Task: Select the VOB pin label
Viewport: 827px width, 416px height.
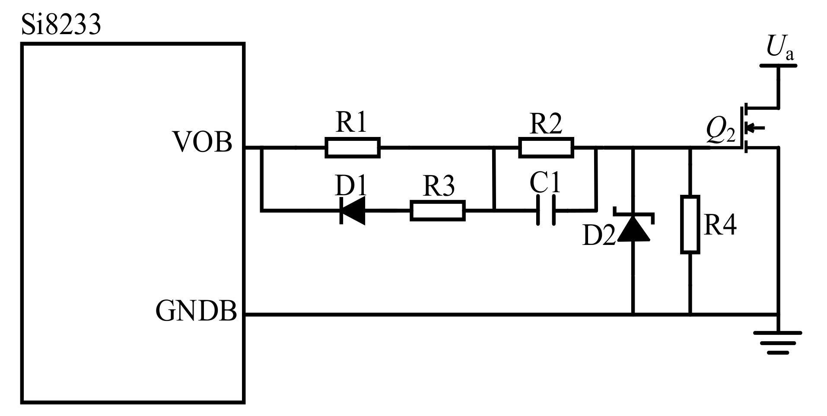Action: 202,142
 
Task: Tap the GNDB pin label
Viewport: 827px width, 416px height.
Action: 196,310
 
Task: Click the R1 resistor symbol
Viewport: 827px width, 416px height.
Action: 353,147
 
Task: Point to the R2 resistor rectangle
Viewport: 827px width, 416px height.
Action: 546,147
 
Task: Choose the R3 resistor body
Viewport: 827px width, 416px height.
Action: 437,211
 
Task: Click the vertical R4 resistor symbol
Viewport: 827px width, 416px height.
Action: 690,224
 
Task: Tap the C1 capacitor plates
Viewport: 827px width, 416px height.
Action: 546,210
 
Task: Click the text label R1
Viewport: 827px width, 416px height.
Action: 351,122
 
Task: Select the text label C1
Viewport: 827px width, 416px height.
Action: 545,183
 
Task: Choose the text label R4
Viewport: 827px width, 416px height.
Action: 720,225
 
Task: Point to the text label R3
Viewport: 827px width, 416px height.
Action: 438,186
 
